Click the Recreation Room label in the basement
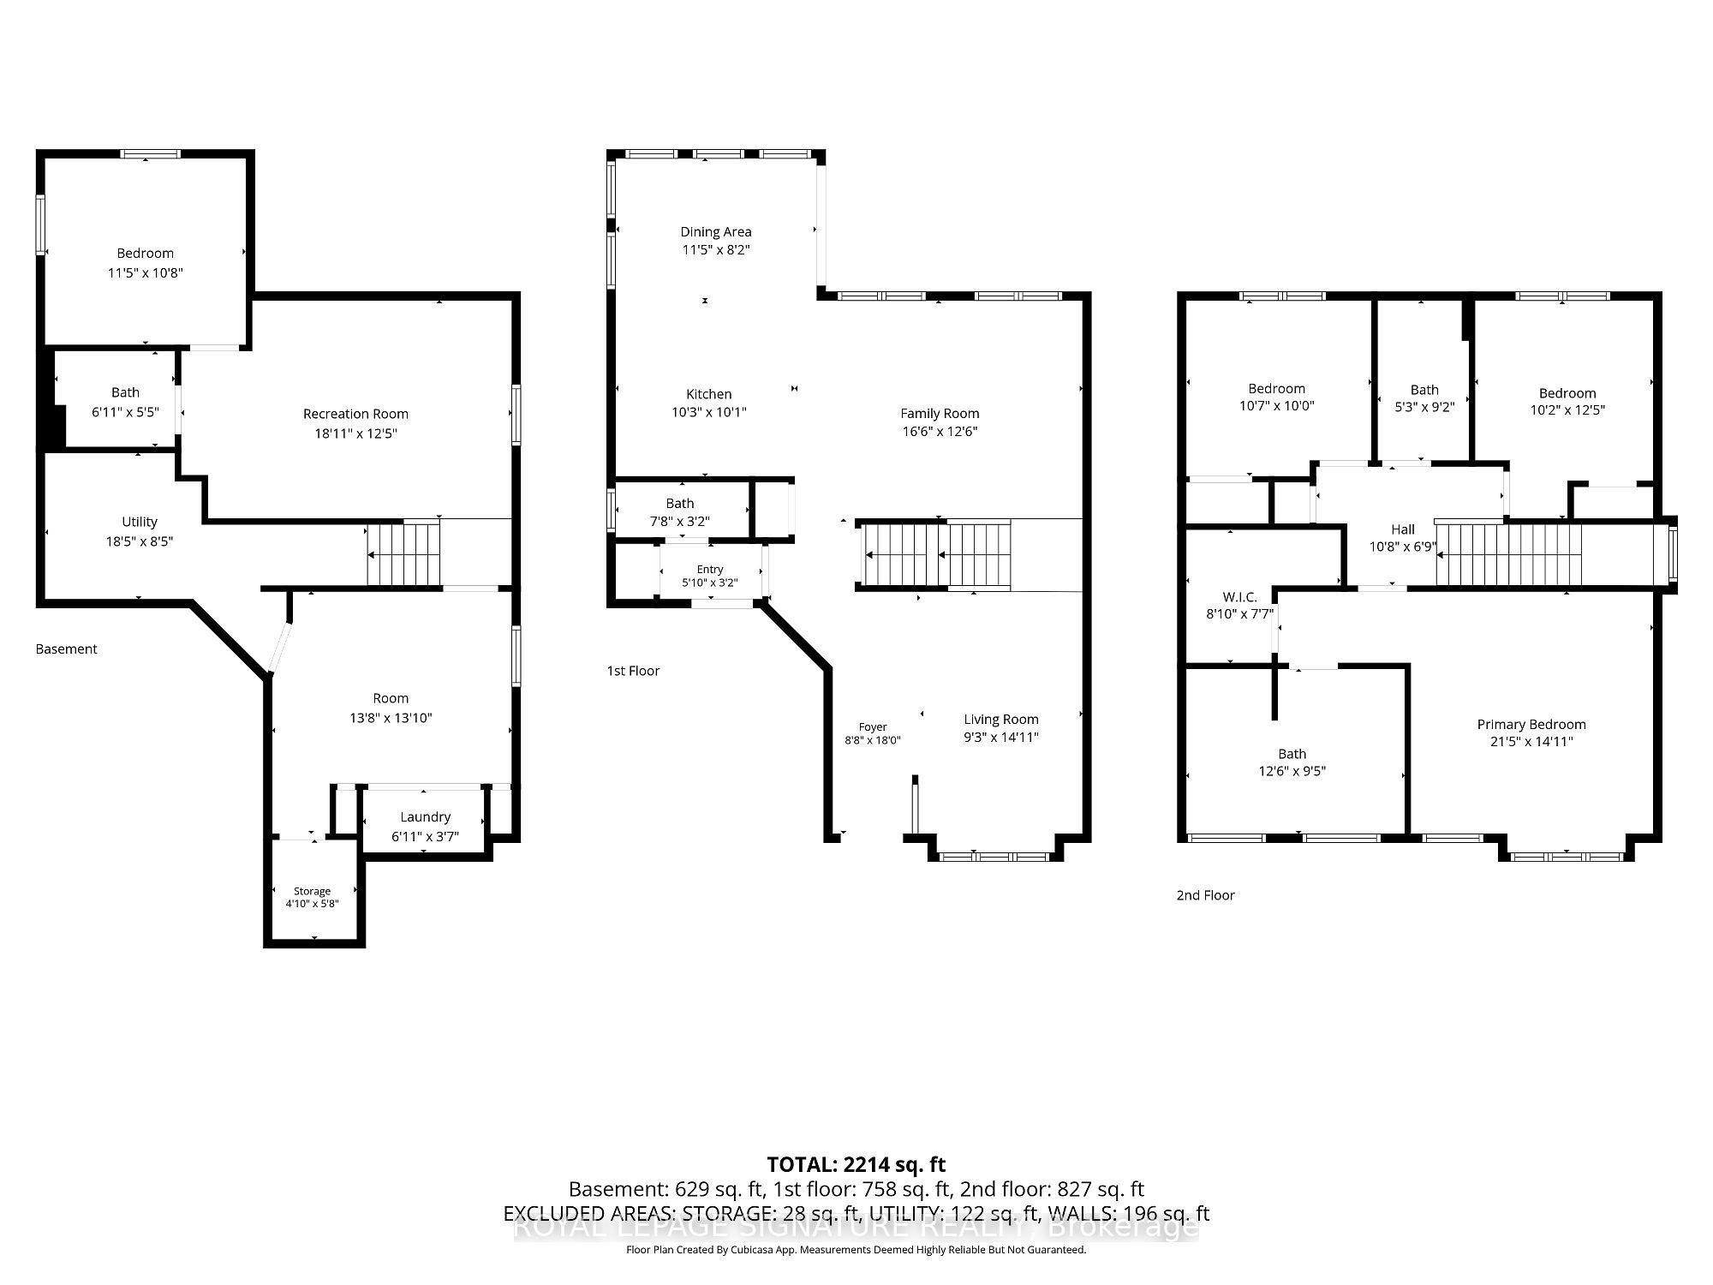pos(355,414)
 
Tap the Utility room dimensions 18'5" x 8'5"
pos(140,541)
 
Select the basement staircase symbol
pos(403,553)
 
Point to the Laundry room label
pos(426,816)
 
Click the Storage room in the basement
pos(312,891)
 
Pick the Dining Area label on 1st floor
pos(716,231)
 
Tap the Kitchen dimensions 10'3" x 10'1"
pos(709,412)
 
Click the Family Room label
pos(940,413)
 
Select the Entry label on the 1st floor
pos(710,570)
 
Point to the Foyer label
pos(873,726)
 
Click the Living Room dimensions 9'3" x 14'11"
pos(1001,737)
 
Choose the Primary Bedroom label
pos(1531,724)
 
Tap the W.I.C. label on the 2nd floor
pos(1240,596)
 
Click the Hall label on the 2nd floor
pos(1403,529)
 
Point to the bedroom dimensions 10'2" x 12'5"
pos(1567,409)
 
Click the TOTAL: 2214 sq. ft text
pos(856,1164)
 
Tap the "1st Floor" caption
pos(633,670)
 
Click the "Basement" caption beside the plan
pos(67,648)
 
